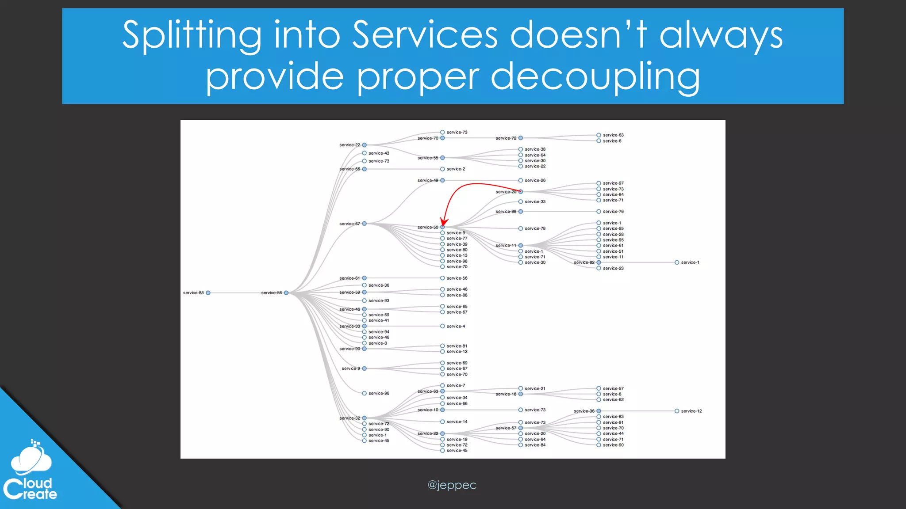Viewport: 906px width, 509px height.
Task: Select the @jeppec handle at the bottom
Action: click(x=452, y=485)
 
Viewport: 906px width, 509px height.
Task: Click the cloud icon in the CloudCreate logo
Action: click(x=31, y=458)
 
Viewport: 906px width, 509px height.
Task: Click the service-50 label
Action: click(x=428, y=227)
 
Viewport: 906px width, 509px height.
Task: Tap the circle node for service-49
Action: click(x=442, y=180)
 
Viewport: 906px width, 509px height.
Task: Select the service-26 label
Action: click(x=535, y=180)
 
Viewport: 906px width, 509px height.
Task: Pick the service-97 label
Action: click(x=613, y=183)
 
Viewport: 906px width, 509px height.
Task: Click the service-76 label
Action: click(x=613, y=212)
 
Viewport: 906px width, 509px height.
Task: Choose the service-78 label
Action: click(x=535, y=228)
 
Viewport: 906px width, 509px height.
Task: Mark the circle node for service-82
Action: click(x=599, y=262)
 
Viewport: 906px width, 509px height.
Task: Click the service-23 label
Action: click(x=613, y=268)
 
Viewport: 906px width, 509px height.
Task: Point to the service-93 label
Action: click(x=379, y=300)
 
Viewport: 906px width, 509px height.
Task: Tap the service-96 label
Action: click(x=379, y=393)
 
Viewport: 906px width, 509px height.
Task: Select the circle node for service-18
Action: click(x=521, y=394)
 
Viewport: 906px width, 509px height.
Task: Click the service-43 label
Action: click(x=379, y=153)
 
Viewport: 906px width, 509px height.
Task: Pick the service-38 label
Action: click(x=535, y=149)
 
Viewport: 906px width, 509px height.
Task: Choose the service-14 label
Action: click(x=457, y=422)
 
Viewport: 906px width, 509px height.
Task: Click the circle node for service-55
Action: click(x=442, y=158)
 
